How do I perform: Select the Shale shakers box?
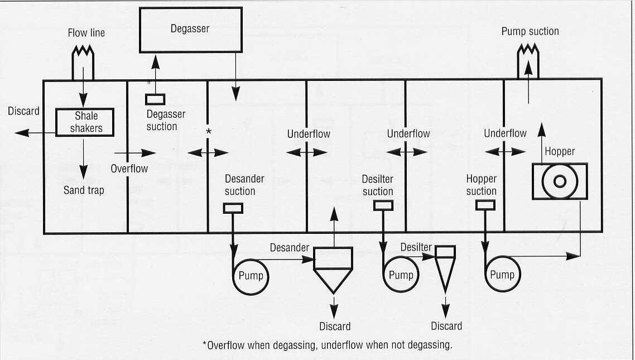[85, 122]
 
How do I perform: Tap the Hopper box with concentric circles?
[559, 181]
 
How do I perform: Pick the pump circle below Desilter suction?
[400, 275]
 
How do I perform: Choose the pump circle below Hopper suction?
[501, 275]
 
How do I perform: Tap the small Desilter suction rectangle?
[382, 205]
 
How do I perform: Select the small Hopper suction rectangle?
[485, 205]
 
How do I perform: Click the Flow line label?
[86, 33]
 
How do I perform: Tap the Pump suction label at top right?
[530, 31]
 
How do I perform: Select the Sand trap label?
[84, 190]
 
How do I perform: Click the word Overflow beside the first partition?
[129, 168]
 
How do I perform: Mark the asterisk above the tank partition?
[209, 131]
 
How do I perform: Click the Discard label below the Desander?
[335, 326]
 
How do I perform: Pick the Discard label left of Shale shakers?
[23, 111]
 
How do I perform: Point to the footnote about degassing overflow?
[327, 345]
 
